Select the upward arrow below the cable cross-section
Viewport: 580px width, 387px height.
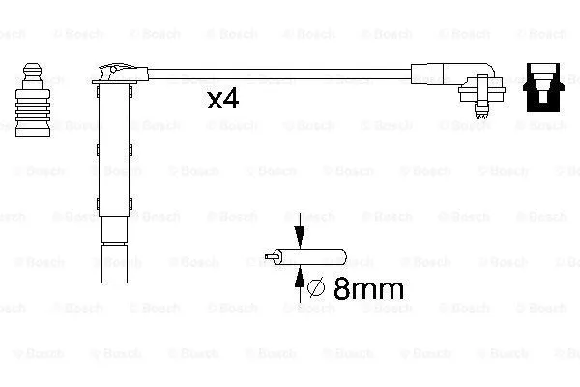coord(300,279)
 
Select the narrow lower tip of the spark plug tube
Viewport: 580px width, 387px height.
coord(111,263)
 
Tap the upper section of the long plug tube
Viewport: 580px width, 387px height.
coord(111,116)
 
